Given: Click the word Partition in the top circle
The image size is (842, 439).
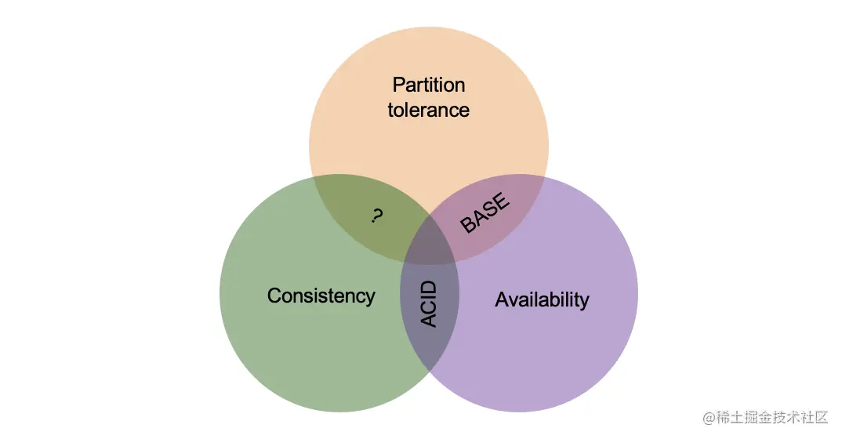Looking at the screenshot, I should point(428,85).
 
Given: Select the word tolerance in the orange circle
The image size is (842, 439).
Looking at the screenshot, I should point(428,110).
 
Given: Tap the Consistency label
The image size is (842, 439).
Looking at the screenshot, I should point(321,296).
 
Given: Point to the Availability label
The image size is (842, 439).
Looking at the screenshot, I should point(542,299).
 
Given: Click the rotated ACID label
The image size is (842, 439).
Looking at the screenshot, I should point(429,303).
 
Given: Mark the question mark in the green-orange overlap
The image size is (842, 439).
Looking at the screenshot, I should point(376,216).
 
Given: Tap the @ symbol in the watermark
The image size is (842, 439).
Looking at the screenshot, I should point(710,417).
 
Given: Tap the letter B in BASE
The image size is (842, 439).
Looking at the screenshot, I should point(469,225).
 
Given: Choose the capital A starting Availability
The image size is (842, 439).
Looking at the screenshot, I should point(502,299).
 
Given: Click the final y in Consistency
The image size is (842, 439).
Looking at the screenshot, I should point(370,299).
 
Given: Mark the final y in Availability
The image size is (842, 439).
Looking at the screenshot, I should point(584,302).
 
